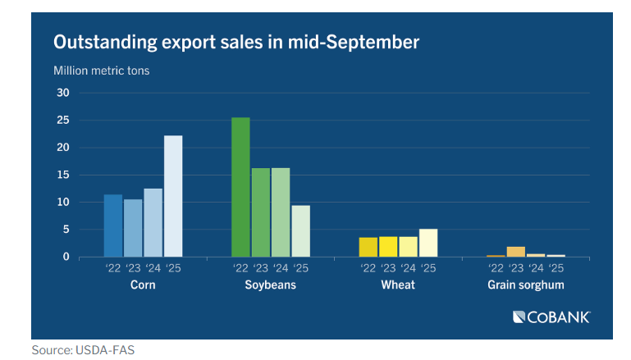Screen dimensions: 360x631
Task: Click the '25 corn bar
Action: click(173, 196)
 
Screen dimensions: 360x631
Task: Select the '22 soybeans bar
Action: click(240, 187)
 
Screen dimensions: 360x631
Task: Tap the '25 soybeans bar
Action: click(301, 231)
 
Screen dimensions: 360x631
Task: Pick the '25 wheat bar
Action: click(428, 243)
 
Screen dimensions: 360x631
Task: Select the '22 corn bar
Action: click(113, 226)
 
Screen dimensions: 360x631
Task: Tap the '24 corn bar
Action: click(153, 223)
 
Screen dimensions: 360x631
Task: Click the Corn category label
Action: click(144, 285)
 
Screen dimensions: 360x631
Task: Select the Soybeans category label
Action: click(271, 285)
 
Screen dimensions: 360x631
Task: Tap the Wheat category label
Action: click(398, 285)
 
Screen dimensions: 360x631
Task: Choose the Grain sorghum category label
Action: click(526, 285)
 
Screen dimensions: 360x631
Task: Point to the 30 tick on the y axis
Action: click(62, 93)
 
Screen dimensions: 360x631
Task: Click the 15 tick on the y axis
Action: click(62, 175)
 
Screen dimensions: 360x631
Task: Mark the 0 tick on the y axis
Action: click(66, 257)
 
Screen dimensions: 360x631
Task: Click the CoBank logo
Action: click(551, 317)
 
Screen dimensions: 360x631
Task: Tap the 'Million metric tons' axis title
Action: click(102, 70)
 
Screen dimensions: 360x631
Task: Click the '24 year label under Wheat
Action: click(408, 267)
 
